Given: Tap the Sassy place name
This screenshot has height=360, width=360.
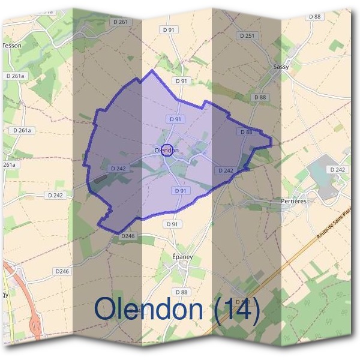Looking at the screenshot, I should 281,67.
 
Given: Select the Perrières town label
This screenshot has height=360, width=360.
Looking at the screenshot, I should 294,202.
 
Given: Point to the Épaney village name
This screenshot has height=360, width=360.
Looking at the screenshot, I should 182,256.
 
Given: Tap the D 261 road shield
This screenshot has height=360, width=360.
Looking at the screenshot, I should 120,22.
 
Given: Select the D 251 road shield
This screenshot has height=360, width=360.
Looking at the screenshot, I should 247,36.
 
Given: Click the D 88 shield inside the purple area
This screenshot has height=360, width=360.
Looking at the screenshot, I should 246,131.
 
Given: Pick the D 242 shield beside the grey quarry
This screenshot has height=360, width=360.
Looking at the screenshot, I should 338,170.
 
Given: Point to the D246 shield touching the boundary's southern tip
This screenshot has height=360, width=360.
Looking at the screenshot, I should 127,236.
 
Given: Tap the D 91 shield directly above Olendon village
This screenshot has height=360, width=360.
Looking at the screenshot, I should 175,119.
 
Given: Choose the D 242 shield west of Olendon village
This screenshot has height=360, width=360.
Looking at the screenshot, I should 118,169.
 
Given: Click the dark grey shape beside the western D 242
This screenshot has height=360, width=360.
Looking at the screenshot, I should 100,178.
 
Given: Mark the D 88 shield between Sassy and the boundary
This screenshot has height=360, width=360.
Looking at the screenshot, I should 260,97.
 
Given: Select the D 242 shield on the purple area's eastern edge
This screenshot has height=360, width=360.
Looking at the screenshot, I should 226,170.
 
